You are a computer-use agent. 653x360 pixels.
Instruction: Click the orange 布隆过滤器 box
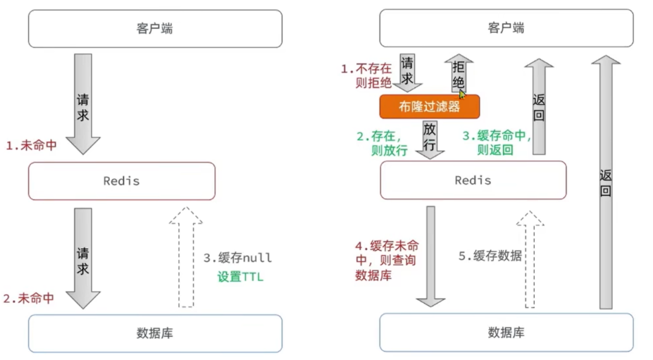[x=429, y=107]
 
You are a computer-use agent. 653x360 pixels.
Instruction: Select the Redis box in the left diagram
[x=121, y=181]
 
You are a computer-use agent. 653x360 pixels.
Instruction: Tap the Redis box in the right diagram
[x=473, y=180]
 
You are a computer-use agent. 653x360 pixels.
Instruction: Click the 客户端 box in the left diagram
[x=154, y=29]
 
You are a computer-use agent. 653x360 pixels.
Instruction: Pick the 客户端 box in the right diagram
[x=506, y=29]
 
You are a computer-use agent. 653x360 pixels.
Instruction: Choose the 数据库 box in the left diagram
[x=154, y=333]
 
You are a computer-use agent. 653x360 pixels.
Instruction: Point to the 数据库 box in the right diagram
[x=506, y=333]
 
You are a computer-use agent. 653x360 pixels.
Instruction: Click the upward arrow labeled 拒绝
[x=458, y=75]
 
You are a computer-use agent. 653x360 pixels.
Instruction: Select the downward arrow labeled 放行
[x=429, y=139]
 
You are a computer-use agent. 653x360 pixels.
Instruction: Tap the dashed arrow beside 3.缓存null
[x=185, y=256]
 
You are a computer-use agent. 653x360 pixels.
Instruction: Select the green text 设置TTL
[x=240, y=277]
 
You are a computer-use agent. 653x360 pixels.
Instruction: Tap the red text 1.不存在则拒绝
[x=366, y=76]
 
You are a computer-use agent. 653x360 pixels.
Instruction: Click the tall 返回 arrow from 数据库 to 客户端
[x=605, y=183]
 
